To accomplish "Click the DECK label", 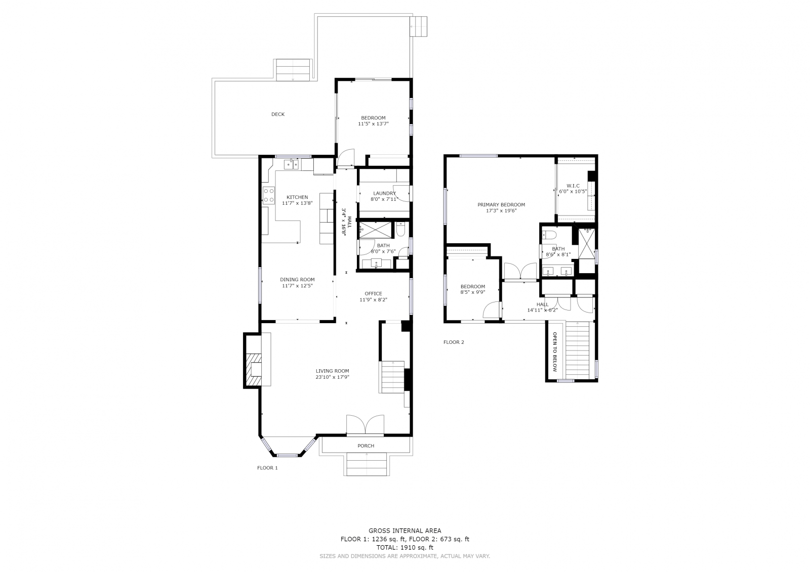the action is (278, 114).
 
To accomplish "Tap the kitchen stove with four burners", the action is (269, 195).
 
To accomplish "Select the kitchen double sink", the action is (291, 164).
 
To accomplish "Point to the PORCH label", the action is (366, 446).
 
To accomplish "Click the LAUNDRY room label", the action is (384, 193).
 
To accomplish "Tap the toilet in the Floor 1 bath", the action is (400, 229).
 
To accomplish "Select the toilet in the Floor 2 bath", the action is (549, 235).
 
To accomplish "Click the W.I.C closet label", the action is (573, 186).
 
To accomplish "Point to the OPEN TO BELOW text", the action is (554, 352).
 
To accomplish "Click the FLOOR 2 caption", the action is (454, 342).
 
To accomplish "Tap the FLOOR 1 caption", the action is (267, 468).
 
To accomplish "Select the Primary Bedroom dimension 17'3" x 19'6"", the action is (501, 211).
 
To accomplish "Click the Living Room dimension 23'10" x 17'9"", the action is (332, 377).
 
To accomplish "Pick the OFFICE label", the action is (373, 294).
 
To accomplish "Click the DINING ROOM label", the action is (297, 280).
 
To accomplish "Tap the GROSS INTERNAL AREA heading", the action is (404, 531).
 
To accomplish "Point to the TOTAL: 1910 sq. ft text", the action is (404, 547).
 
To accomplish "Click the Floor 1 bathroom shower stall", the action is (375, 230).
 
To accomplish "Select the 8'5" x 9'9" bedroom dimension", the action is (473, 292).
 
